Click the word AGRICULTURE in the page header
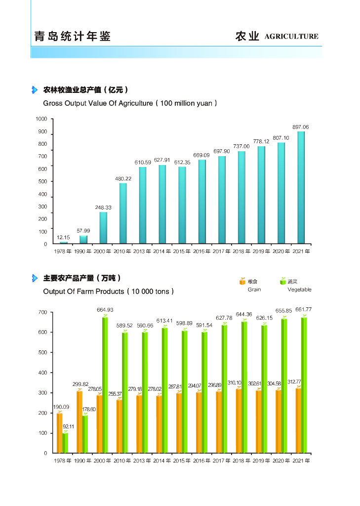tap(291, 37)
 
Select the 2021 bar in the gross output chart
tap(301, 188)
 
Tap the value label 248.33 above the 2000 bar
tap(103, 208)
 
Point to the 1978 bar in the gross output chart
tap(64, 243)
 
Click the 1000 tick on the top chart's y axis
tap(41, 119)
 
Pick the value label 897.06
tap(301, 127)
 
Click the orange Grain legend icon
tap(242, 281)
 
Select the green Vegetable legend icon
tap(283, 281)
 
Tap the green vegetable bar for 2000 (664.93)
tap(105, 385)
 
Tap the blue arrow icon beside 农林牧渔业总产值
tap(35, 90)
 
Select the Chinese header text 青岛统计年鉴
tap(72, 37)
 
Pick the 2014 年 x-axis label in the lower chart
tap(161, 460)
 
